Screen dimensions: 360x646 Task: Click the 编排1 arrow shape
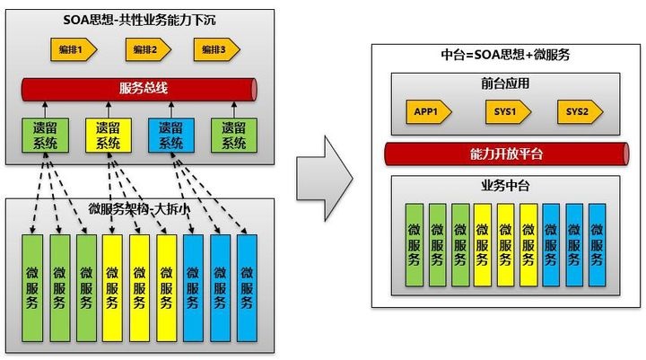[x=71, y=51]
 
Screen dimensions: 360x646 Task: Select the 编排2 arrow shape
[x=144, y=51]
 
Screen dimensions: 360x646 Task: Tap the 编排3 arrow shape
[x=215, y=51]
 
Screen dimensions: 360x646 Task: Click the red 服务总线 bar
[x=140, y=88]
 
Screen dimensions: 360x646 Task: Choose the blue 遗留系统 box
[x=170, y=135]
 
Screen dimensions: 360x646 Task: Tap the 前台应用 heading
[x=506, y=83]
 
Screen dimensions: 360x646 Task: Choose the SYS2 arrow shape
[x=579, y=112]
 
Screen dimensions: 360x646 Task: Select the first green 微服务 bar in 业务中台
[x=415, y=244]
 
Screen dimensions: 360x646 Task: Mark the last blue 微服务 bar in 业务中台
[x=597, y=244]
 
